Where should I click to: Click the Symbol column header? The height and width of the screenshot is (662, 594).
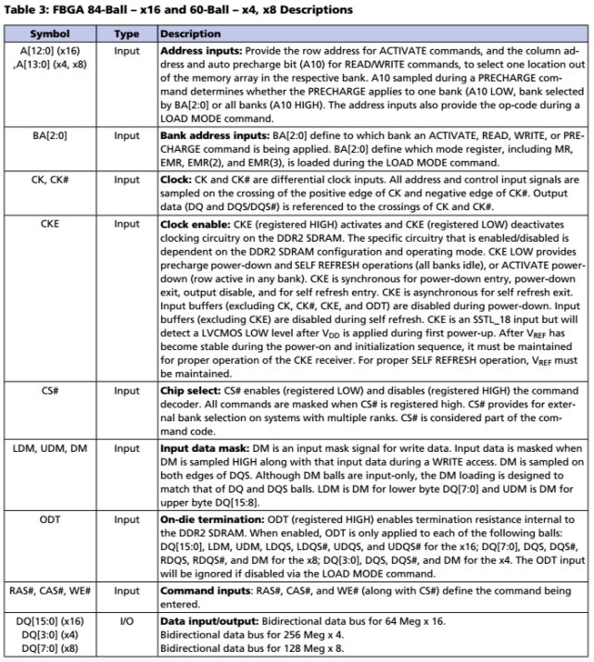coord(49,33)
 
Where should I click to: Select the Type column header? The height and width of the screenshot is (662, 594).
coord(125,33)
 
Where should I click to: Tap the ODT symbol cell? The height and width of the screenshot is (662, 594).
coord(49,519)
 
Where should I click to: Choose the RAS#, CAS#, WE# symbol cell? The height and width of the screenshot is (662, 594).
coord(49,589)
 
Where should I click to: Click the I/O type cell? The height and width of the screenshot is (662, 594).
coord(125,618)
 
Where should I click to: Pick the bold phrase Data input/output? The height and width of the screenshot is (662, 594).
coord(196,618)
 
